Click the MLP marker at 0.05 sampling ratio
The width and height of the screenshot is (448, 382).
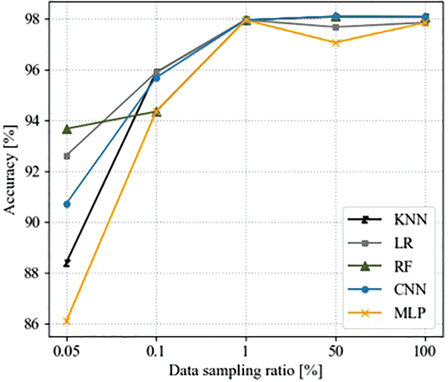tap(67, 320)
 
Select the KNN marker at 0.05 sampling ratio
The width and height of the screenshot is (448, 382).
tap(67, 263)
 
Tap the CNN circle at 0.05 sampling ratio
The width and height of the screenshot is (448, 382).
tap(67, 204)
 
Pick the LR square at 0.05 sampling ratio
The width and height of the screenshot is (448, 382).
tap(67, 156)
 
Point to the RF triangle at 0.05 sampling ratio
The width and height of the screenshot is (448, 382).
tap(67, 129)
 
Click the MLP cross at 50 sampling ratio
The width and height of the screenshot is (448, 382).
tap(336, 42)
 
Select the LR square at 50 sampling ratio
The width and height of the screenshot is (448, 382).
tap(336, 27)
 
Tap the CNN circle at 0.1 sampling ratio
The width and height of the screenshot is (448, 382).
tap(156, 78)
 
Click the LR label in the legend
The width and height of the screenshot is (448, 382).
tap(404, 243)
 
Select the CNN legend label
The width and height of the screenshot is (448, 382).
tap(408, 290)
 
